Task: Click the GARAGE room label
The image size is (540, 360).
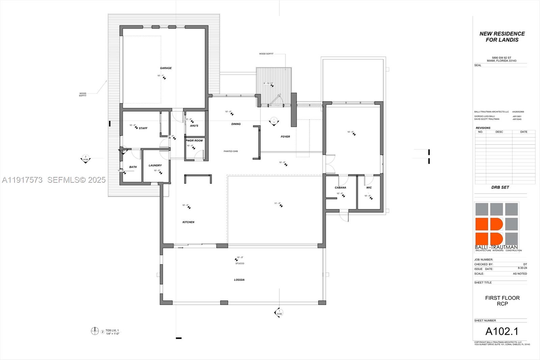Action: point(166,68)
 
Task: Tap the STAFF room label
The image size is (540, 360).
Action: point(143,128)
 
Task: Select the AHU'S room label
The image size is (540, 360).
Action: point(194,126)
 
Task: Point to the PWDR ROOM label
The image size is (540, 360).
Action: point(194,140)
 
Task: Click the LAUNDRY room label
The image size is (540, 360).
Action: point(155,165)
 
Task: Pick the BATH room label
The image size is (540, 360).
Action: point(133,167)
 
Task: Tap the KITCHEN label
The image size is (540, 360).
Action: point(188,222)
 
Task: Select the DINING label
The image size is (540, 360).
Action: point(236,124)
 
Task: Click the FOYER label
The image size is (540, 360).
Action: point(286,137)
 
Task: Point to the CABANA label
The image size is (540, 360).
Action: point(340,188)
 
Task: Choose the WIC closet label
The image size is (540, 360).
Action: point(369,188)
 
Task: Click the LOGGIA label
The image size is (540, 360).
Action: point(239,280)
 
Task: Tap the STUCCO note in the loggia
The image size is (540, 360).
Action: point(240,263)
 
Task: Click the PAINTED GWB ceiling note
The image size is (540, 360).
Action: point(231,151)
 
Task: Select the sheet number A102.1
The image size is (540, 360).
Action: point(502,331)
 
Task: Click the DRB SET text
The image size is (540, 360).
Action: point(500,187)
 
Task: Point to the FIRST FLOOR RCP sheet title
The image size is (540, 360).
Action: point(502,301)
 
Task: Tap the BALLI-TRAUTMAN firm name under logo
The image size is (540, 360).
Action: point(496,247)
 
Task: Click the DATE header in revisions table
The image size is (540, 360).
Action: point(524,132)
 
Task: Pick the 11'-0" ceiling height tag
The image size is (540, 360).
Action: point(277,203)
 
